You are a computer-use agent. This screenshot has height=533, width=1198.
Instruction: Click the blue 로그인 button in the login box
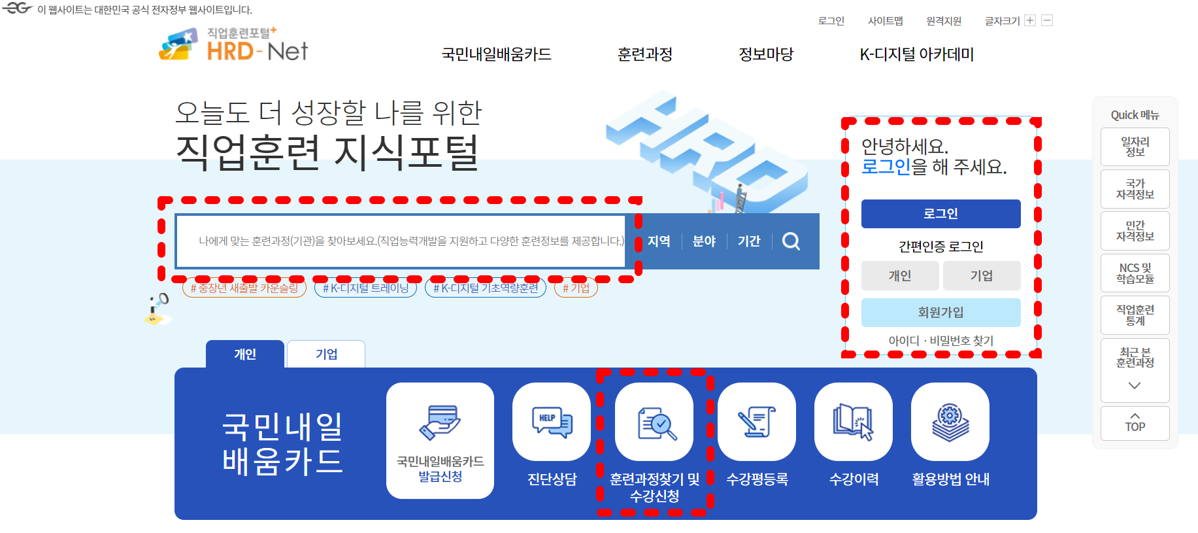(940, 214)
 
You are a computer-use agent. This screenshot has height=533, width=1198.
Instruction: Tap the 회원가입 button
(940, 313)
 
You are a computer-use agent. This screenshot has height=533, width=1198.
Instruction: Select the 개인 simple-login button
(900, 276)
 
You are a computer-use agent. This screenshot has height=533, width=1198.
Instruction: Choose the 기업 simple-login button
(981, 276)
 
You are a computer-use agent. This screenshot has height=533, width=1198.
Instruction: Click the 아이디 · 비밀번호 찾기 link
(940, 341)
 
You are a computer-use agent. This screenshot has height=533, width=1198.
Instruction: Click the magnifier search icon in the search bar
(791, 241)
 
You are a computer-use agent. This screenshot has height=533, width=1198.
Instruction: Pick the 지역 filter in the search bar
(659, 241)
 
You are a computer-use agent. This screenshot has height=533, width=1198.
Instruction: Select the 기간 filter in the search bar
(748, 241)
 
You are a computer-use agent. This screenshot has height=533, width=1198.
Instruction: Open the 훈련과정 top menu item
(644, 54)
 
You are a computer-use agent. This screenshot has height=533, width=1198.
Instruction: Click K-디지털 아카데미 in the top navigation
(916, 54)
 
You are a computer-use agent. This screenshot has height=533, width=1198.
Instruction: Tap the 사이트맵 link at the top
(885, 21)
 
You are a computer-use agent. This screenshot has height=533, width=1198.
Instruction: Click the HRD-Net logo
(233, 46)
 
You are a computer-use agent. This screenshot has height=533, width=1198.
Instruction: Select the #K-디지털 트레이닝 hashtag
(365, 288)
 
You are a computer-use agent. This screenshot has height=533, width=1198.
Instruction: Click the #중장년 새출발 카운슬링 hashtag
(244, 288)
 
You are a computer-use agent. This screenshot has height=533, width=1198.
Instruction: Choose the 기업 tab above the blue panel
(326, 354)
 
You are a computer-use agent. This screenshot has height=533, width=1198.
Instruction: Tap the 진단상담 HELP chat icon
(552, 422)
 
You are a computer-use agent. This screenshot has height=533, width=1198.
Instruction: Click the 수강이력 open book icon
(853, 422)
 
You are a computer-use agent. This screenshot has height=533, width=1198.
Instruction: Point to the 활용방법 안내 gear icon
(950, 422)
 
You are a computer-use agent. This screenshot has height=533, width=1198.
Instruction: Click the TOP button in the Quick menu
(1135, 423)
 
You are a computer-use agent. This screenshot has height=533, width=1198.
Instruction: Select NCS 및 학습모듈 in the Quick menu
(1135, 273)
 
